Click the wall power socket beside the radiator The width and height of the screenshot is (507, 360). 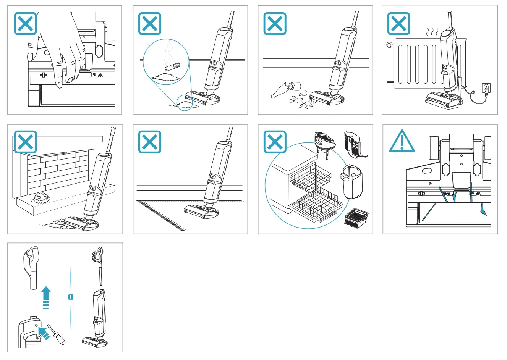coord(486,89)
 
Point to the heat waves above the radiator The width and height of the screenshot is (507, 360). coord(432,32)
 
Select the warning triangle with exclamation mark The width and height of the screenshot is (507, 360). coord(402,142)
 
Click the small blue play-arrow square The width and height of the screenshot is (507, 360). coord(71,297)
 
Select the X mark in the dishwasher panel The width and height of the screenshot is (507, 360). coord(275,142)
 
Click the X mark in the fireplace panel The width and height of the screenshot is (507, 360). coord(26,142)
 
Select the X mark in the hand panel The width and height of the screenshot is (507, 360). coord(26,24)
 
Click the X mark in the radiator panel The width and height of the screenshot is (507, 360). coord(398,24)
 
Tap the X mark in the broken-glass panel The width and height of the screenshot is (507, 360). coord(275,24)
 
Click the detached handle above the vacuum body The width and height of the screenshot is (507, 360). coord(99,263)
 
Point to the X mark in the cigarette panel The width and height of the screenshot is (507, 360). coord(149,24)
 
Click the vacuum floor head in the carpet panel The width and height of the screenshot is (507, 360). coord(201,211)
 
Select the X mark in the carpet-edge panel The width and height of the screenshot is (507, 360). coord(149,142)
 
